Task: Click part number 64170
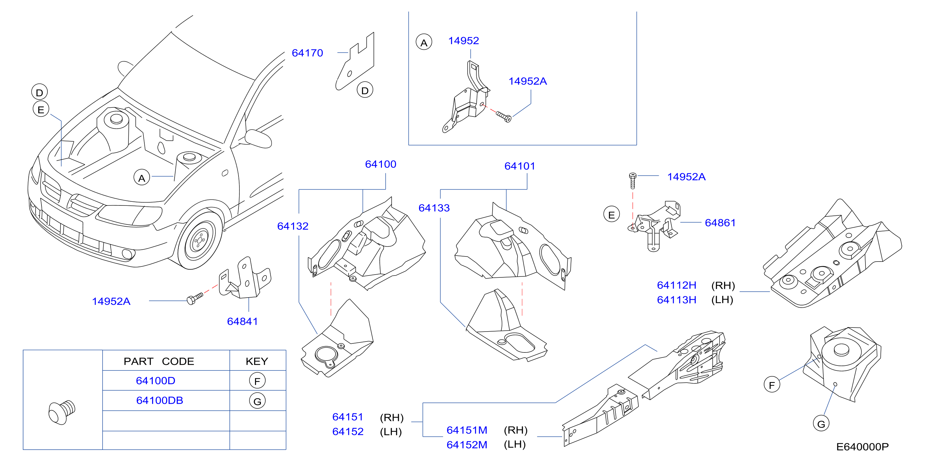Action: click(x=307, y=53)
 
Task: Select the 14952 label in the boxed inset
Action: click(x=464, y=41)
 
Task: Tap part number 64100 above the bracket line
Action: click(x=381, y=164)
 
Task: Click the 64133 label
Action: click(x=434, y=208)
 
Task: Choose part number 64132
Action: click(x=293, y=226)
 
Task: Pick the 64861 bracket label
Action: click(x=720, y=223)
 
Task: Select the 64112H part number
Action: click(x=677, y=285)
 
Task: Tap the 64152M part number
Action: click(x=467, y=445)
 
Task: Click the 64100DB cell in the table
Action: click(x=159, y=400)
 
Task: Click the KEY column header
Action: click(x=257, y=361)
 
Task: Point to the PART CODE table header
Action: click(x=159, y=361)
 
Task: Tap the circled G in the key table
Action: click(x=258, y=401)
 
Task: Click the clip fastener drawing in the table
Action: click(x=62, y=412)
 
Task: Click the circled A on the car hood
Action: click(x=142, y=177)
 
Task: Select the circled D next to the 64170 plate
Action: click(x=365, y=90)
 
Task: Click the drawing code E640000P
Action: click(x=863, y=447)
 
